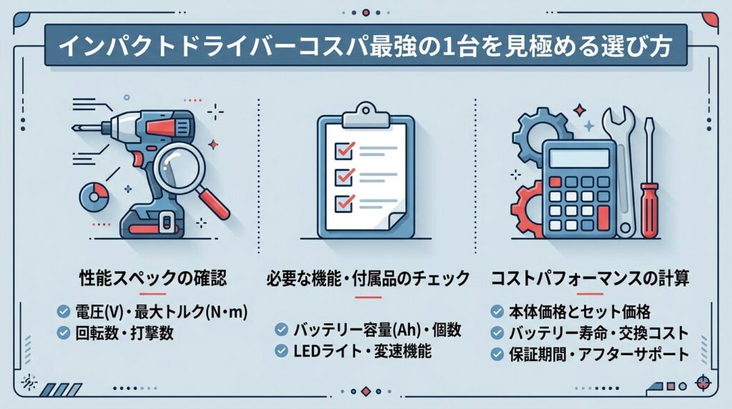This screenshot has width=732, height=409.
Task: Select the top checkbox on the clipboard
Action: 345,151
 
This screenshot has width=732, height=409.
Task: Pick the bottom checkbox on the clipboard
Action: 345,203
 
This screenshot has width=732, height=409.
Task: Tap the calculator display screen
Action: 579,159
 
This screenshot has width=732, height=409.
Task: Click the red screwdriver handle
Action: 648,210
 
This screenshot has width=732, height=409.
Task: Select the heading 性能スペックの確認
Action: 153,278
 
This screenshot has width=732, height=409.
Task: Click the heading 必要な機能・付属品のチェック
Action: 368,278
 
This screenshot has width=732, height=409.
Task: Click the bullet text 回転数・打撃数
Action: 124,333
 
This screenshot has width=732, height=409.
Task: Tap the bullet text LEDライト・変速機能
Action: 362,350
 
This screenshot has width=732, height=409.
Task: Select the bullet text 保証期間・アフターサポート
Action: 599,355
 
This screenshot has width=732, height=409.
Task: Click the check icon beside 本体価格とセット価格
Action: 497,311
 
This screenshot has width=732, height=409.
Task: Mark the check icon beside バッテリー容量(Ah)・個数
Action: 281,330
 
